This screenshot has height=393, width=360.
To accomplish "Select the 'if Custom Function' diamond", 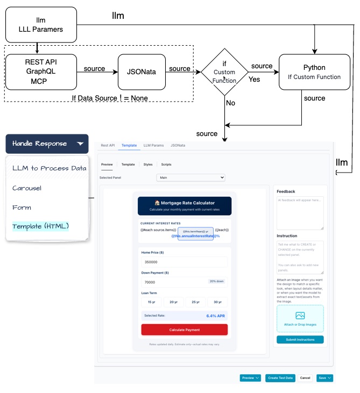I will coord(224,72).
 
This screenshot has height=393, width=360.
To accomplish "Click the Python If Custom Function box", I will coord(314,72).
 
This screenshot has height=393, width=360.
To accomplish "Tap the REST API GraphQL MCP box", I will coord(41,72).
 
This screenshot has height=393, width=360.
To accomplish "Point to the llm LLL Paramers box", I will coord(41,24).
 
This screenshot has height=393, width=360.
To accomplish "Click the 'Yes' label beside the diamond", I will coord(254,78).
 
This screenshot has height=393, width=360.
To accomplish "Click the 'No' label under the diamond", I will coord(230,102).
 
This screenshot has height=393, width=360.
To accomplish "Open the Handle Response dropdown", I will coord(47,144).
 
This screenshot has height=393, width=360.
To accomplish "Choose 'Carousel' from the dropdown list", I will coord(27,188).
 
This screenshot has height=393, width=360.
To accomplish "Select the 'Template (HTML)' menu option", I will coord(41,226).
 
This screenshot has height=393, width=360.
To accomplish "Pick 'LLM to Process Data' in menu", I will coord(49,168).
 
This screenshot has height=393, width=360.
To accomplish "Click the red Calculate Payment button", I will coord(184,330).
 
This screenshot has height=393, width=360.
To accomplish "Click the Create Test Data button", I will coord(280,378).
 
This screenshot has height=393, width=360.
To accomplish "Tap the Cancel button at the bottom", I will coord(305,378).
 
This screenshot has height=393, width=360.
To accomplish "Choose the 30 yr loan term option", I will coord(217,303).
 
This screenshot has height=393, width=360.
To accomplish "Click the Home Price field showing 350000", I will coord(184,262).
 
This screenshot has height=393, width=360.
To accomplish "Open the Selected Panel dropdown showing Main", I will coord(190,177).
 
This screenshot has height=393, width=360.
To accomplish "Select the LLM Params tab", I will coord(153,145).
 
